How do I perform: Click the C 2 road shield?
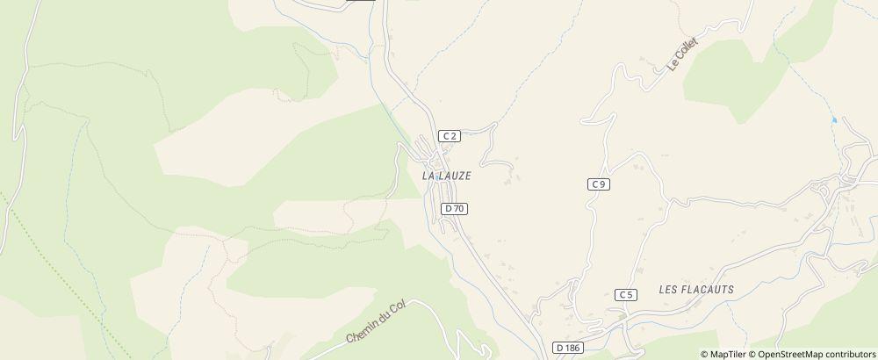pyautogui.click(x=450, y=135)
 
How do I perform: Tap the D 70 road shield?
pyautogui.click(x=454, y=208)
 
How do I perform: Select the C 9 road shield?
pyautogui.click(x=599, y=184)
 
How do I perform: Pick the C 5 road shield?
pyautogui.click(x=625, y=294)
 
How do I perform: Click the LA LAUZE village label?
pyautogui.click(x=447, y=176)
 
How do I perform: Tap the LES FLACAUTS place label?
pyautogui.click(x=695, y=289)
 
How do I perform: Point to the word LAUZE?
pyautogui.click(x=455, y=176)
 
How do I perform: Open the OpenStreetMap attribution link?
pyautogui.click(x=793, y=354)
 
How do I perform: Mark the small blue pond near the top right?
pyautogui.click(x=832, y=119)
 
